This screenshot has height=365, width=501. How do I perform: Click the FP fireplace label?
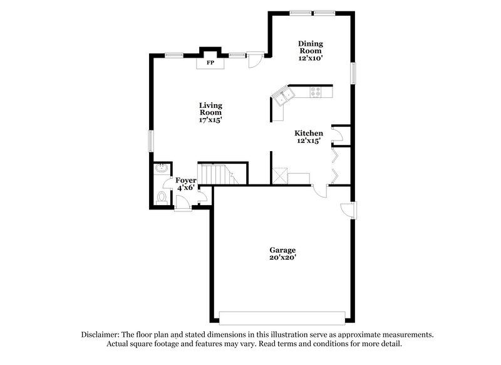click(x=210, y=63)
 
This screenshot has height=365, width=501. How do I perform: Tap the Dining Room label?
click(x=310, y=48)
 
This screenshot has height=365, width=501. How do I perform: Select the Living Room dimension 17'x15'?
click(x=210, y=119)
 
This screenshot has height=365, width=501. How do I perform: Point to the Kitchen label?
click(x=309, y=133)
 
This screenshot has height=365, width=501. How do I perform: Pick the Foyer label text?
click(x=185, y=181)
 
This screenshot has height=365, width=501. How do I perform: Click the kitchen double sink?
click(x=284, y=97)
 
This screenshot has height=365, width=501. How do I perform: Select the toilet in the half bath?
click(x=162, y=197)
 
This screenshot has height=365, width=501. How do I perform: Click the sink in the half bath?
click(x=161, y=169)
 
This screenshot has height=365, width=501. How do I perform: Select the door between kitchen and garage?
click(x=319, y=190)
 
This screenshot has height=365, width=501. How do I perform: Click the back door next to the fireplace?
click(x=254, y=60)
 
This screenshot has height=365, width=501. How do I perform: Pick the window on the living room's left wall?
click(x=150, y=139)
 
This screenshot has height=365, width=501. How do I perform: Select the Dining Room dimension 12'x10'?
click(x=310, y=56)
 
